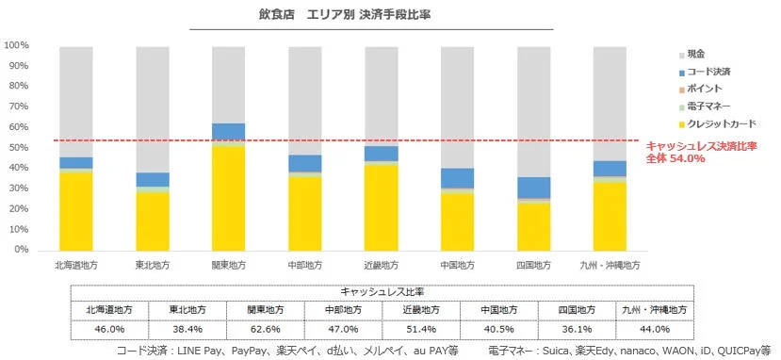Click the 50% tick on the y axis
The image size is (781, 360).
[x=19, y=148]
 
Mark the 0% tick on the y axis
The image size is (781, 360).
[x=22, y=250]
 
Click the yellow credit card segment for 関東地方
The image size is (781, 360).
[x=228, y=198]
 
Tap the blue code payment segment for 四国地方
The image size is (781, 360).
[x=533, y=188]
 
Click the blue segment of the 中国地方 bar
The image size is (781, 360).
[x=457, y=178]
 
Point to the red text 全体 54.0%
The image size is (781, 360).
[x=675, y=158]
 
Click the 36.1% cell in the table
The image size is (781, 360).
[x=576, y=329]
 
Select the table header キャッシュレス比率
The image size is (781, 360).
[x=382, y=293]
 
